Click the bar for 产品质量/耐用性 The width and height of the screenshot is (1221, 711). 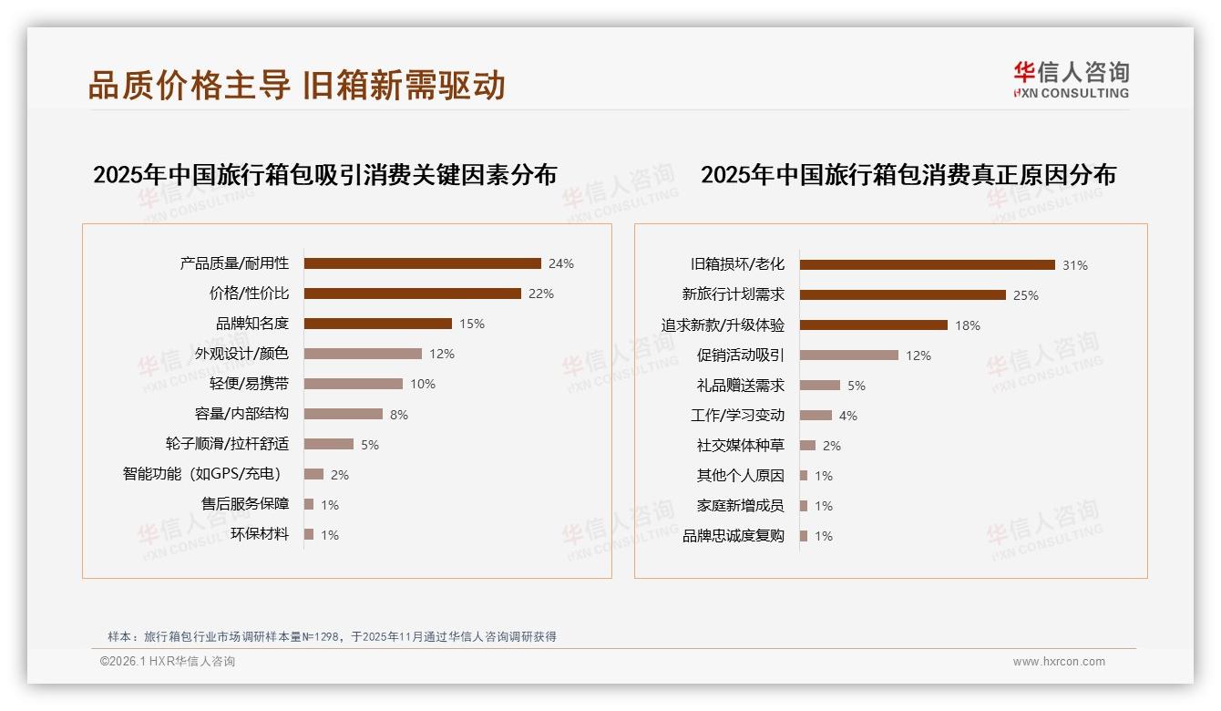422,263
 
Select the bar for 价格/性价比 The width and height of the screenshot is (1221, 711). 412,294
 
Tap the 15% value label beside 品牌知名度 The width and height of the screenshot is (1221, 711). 472,324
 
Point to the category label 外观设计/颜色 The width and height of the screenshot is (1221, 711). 241,354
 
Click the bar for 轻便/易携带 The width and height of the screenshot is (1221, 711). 353,384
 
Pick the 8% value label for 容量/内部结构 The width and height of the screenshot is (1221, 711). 399,415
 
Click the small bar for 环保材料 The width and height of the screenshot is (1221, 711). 309,534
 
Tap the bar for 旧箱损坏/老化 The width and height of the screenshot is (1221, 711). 927,264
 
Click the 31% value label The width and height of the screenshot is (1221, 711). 1075,265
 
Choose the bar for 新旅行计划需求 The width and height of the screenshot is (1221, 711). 902,294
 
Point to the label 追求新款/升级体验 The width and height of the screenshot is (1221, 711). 723,325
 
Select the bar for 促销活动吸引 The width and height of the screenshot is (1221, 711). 848,355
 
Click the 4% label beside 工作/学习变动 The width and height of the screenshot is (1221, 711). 848,416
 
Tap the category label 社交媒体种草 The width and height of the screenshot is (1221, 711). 740,446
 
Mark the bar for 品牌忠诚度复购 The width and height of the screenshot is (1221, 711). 804,536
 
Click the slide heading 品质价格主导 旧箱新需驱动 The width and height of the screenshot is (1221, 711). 296,86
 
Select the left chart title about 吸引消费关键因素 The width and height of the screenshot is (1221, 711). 324,175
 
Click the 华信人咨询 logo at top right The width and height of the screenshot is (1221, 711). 1071,79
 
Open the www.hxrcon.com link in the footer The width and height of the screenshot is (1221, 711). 1059,662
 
